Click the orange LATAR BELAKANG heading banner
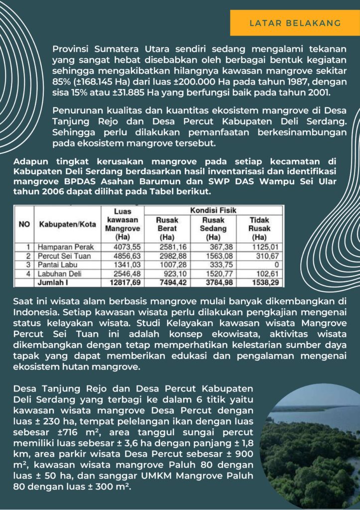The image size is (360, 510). (295, 23)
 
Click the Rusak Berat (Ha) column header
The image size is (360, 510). (167, 228)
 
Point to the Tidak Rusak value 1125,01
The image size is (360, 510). (267, 247)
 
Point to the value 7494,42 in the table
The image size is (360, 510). (167, 282)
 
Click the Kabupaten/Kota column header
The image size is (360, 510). (67, 224)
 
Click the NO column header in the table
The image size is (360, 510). (24, 224)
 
